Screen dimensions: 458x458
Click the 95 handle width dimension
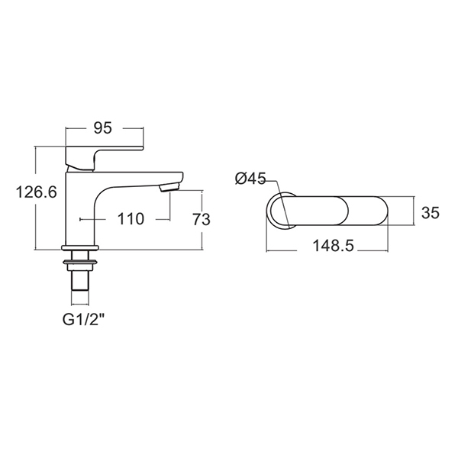coord(103,128)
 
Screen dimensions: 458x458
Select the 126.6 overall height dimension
coord(36,192)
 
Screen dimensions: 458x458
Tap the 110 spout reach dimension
coord(131,219)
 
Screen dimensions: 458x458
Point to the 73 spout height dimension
coord(202,219)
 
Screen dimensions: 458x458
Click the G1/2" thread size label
coord(83,320)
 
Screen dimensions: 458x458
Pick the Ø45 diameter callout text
coord(250,179)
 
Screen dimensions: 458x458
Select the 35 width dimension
coord(431,213)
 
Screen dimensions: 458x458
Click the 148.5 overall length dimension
coord(333,246)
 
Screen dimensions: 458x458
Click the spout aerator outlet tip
coord(170,187)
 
